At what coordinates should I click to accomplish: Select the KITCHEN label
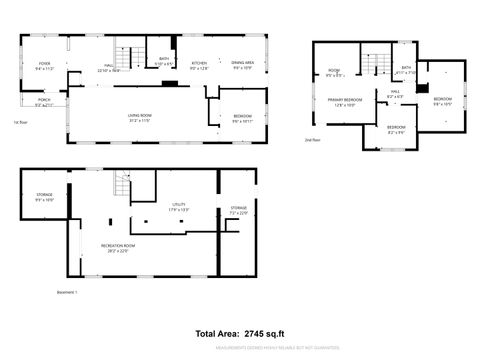pos(200,63)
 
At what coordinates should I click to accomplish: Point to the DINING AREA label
pos(243,63)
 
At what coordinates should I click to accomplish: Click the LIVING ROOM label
pos(139,117)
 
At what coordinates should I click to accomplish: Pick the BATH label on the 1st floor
pos(162,61)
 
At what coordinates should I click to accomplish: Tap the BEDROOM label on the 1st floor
pos(242,117)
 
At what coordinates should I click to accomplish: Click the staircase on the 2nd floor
pos(372,63)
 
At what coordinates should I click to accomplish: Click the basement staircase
pos(122,185)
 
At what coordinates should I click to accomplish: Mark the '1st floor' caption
pos(19,123)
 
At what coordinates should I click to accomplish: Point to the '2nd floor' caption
pos(312,140)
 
